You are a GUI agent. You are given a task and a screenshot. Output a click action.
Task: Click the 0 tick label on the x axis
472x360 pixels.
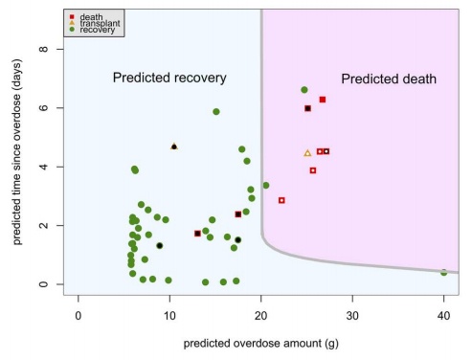[x=78, y=312]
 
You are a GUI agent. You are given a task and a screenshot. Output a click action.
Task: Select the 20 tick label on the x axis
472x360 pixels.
[x=260, y=312]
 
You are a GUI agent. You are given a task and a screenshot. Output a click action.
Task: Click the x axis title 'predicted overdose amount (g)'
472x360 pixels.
[x=260, y=339]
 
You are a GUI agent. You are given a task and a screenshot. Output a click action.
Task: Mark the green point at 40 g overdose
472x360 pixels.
[x=443, y=272]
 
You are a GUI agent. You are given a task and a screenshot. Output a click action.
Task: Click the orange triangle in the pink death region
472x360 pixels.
[x=307, y=153]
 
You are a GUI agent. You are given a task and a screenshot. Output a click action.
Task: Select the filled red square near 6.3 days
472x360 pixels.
[x=323, y=100]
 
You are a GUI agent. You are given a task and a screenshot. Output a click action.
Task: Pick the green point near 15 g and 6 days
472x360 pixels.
[x=216, y=112]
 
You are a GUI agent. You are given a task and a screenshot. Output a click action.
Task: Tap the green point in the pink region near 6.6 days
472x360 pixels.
[x=304, y=90]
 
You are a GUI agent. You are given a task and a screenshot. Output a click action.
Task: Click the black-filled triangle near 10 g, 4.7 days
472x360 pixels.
[x=174, y=146]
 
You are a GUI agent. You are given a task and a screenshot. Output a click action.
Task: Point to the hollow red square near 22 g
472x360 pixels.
[x=281, y=200]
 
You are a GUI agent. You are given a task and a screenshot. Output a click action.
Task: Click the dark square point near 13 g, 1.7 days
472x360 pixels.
[x=197, y=234]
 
